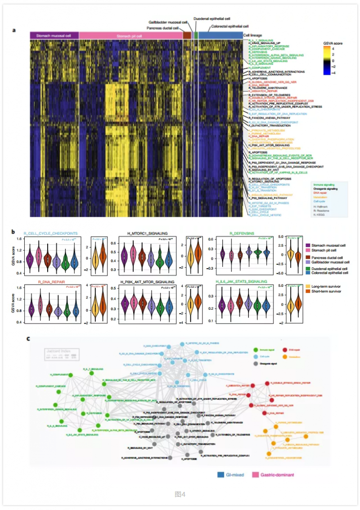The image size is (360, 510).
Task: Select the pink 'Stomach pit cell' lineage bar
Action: pos(130,36)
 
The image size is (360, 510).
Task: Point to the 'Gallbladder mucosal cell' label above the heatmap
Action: pos(168,22)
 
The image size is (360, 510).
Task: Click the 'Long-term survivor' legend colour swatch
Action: pos(308,286)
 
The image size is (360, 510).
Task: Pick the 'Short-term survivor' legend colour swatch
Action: pos(308,292)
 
